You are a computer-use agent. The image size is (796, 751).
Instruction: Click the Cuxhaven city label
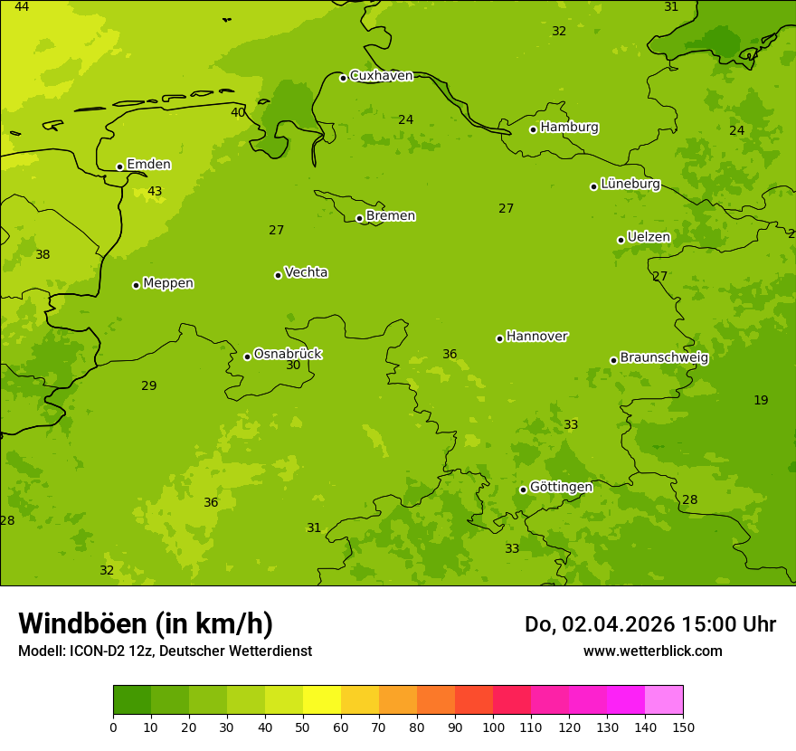point(381,76)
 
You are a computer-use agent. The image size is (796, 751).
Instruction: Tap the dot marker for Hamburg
point(534,129)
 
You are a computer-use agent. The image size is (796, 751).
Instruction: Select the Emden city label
point(148,165)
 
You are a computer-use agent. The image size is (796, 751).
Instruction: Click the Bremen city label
point(391,216)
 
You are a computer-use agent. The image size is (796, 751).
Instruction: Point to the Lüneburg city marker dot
point(594,186)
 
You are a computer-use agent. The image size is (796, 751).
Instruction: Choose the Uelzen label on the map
point(649,238)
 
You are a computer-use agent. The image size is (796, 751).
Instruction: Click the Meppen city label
point(168,283)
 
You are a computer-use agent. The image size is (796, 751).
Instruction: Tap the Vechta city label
point(306,272)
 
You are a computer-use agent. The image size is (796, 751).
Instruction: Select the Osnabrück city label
point(288,354)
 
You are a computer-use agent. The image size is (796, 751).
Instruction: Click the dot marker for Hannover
point(499,338)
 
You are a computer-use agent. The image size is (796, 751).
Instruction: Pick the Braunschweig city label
point(664,358)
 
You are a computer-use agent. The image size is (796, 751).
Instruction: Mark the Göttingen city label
point(561,488)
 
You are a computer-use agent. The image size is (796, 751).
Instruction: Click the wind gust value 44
point(22,7)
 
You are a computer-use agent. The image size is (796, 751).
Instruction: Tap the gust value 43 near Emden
point(155,192)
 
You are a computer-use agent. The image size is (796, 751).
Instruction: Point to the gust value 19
point(761,401)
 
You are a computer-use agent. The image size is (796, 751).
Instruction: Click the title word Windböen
point(82,624)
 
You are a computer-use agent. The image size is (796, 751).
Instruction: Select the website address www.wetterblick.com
point(652,651)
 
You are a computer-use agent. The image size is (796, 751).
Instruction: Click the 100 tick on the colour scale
point(493,727)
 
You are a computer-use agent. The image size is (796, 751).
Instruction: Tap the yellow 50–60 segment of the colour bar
point(322,700)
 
